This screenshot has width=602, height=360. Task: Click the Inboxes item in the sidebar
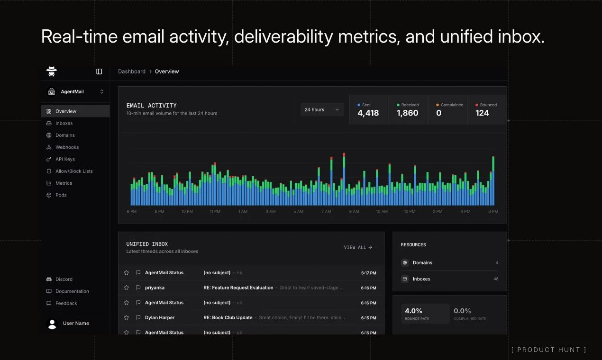coord(64,123)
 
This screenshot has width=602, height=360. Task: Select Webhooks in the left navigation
coord(67,147)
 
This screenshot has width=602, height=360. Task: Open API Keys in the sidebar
coord(65,159)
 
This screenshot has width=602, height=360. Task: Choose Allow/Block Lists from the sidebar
coord(73,171)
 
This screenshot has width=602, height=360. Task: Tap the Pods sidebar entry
coord(61,195)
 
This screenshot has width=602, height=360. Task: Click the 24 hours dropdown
coord(322,109)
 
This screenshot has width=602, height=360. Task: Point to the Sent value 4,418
coord(368,113)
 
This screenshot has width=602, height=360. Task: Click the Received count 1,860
coord(407,113)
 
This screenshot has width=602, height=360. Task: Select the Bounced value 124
coord(482,113)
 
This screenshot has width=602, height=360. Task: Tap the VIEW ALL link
coord(358,247)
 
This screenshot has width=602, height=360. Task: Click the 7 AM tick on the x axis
coord(326,212)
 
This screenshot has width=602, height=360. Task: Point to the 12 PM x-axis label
coord(410,212)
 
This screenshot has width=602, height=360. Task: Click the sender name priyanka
coord(155,288)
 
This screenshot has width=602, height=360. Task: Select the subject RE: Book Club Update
coord(228,317)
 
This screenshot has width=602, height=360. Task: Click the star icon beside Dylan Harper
coord(127,317)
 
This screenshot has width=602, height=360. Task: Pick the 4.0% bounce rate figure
coord(413,311)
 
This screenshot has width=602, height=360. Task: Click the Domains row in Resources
coord(422,262)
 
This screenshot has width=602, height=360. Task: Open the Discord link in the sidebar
coord(64,279)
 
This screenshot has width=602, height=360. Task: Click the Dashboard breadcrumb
coord(132,72)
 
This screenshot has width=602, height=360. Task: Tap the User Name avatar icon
coord(52,324)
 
